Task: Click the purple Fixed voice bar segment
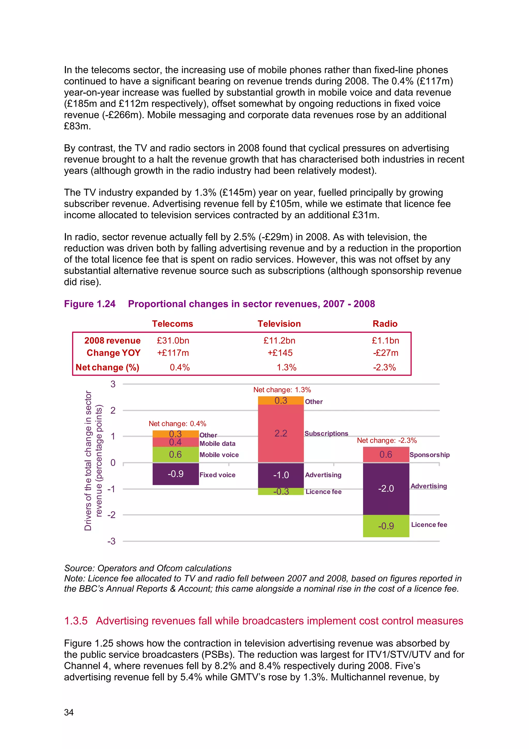click(175, 474)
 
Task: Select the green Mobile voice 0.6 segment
click(175, 455)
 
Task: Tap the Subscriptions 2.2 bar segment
click(281, 433)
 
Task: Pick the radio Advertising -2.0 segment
click(386, 488)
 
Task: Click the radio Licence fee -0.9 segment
click(386, 526)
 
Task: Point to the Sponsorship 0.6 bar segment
click(386, 455)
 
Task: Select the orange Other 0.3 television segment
click(281, 400)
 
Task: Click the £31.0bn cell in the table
click(173, 341)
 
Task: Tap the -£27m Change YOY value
click(386, 353)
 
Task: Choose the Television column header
click(279, 324)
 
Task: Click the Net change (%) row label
click(107, 367)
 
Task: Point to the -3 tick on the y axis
click(112, 541)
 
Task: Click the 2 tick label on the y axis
click(113, 410)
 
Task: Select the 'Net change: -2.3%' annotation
click(387, 440)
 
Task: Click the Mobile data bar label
click(217, 444)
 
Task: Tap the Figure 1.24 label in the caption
click(90, 304)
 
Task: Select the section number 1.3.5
click(76, 621)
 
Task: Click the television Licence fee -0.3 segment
click(281, 491)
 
